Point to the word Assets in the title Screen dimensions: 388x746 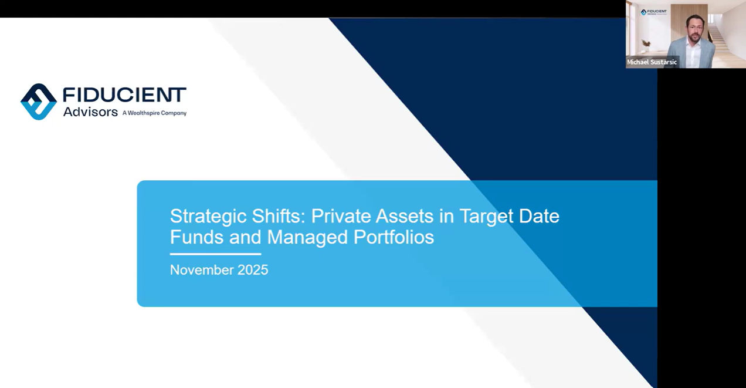tap(404, 216)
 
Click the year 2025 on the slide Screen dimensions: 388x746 tap(253, 270)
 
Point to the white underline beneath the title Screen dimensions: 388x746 tap(215, 254)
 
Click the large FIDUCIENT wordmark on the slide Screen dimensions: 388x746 tap(124, 95)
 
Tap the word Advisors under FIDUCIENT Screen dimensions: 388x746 tap(90, 112)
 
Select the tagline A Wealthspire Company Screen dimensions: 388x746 tap(154, 113)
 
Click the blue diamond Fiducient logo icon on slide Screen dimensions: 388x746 tap(39, 102)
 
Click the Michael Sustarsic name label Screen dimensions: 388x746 tap(652, 62)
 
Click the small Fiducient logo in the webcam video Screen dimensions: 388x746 tap(653, 12)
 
